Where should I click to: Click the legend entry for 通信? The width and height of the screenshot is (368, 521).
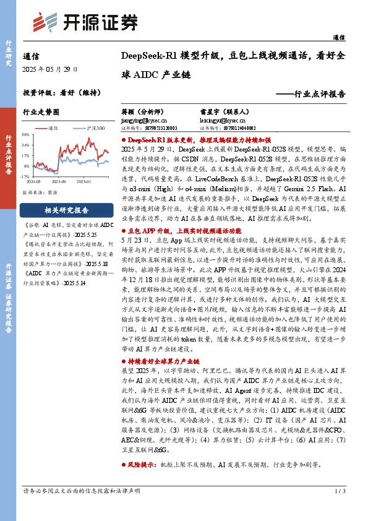[x=53, y=127]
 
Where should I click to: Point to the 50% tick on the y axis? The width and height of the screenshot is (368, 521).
[x=25, y=134]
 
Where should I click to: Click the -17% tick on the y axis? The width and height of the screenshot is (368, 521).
[x=25, y=177]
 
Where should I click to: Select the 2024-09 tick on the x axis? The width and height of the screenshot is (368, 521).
[x=59, y=182]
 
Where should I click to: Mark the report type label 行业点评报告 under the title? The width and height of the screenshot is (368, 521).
[x=318, y=94]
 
